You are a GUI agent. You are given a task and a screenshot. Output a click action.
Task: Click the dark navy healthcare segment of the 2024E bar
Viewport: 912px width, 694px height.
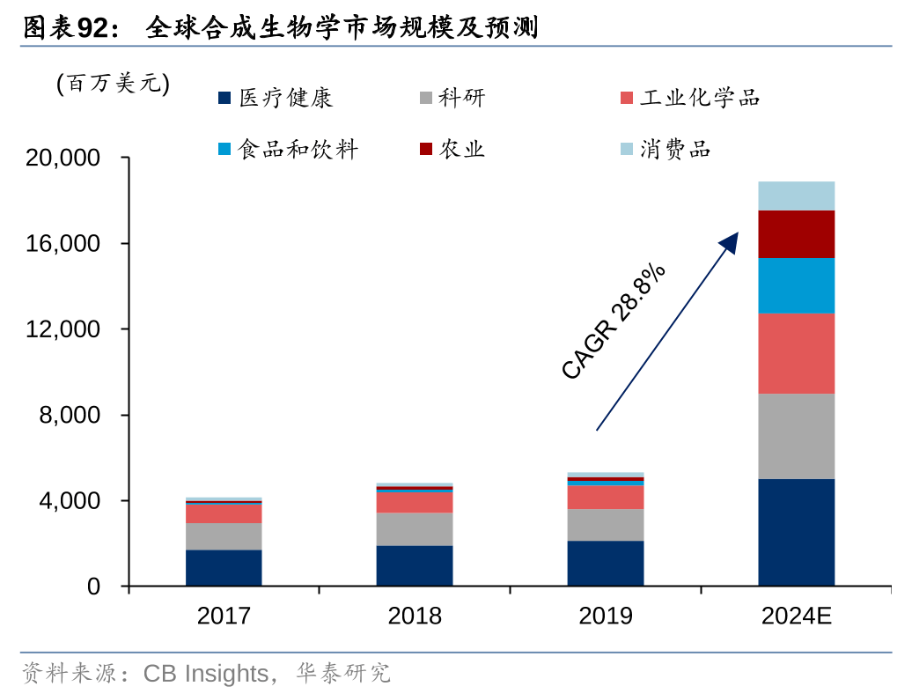point(796,532)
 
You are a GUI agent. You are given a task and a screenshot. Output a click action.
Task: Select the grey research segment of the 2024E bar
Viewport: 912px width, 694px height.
point(796,436)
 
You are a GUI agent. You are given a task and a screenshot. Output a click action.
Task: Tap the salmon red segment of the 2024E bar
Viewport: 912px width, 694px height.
point(796,353)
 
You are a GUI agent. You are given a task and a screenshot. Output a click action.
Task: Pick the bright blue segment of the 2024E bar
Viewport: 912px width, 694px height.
point(796,285)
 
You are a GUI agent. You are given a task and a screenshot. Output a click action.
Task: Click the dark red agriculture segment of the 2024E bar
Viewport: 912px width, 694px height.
point(796,233)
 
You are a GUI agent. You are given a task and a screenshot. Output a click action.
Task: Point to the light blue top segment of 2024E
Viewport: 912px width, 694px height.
point(796,196)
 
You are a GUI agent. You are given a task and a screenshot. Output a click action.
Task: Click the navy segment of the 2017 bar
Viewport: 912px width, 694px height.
point(224,567)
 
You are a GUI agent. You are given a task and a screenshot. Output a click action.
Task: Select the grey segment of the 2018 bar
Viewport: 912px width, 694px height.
point(415,528)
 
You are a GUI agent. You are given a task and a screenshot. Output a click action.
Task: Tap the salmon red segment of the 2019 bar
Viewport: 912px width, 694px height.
point(606,497)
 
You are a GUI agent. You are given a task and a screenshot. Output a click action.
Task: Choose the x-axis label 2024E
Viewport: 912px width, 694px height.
point(796,616)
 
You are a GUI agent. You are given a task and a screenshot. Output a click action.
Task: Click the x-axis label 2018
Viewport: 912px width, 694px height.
point(415,616)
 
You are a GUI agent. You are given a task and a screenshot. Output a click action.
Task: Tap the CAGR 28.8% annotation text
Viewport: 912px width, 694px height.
point(613,321)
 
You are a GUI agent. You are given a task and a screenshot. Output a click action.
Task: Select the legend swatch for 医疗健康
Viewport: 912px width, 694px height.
point(225,98)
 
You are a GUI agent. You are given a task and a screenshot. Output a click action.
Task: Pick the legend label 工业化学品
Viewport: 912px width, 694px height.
point(700,98)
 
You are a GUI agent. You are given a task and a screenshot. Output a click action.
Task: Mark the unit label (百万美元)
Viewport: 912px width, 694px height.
point(113,84)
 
